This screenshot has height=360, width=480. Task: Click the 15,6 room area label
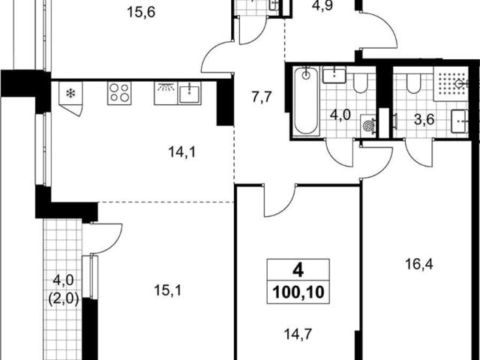(141, 13)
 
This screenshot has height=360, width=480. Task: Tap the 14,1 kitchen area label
(181, 152)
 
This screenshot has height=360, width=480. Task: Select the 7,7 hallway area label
(262, 98)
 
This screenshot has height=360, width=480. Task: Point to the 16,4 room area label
(418, 264)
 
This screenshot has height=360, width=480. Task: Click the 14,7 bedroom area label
(298, 334)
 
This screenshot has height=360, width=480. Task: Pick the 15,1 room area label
(167, 290)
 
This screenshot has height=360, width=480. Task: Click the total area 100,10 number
(298, 292)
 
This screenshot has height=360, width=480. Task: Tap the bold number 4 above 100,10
(298, 270)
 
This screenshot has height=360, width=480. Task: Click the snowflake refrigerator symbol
(70, 93)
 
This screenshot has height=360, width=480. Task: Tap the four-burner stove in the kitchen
(119, 93)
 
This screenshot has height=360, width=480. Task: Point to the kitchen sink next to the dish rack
(190, 93)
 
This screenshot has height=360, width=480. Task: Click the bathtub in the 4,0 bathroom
(306, 100)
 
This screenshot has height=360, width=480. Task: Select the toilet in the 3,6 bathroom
(413, 83)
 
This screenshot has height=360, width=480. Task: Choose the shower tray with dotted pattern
(451, 83)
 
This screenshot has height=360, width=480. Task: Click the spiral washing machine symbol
(367, 125)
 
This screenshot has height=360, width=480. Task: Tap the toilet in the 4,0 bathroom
(361, 83)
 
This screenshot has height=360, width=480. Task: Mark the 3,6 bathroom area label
(424, 120)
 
